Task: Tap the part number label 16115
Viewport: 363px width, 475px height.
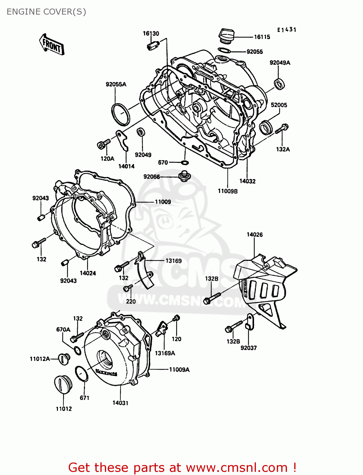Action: pos(262,37)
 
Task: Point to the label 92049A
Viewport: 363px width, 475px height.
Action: pos(280,63)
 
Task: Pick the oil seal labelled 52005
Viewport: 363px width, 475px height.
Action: pos(266,127)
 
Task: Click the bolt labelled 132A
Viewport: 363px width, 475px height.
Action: pos(282,129)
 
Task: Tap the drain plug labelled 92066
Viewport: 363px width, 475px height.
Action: pos(184,176)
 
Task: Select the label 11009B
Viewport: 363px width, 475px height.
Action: pos(227,191)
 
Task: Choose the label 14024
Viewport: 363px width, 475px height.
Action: pos(88,273)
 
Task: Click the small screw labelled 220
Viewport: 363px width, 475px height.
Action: pos(128,288)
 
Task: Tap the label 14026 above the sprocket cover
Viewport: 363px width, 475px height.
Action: pos(255,235)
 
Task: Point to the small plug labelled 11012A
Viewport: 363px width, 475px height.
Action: pos(65,358)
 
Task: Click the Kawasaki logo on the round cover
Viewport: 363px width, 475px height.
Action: pos(106,372)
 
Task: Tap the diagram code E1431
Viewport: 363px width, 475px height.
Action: pos(287,30)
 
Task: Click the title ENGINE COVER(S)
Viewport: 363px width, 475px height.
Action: pos(46,12)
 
